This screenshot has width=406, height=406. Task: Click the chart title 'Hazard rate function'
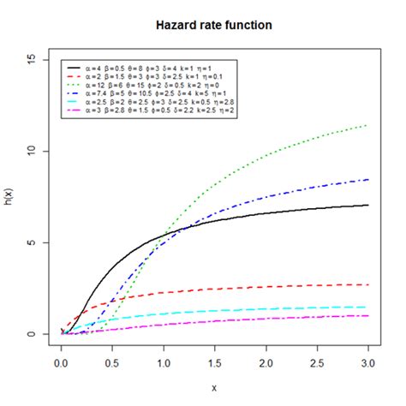point(214,25)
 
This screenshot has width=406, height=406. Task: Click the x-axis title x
point(214,387)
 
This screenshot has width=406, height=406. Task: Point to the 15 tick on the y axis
point(32,59)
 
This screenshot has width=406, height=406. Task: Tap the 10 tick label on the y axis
point(32,151)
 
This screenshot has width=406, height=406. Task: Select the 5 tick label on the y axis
point(32,242)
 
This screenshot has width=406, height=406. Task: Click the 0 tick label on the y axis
point(32,334)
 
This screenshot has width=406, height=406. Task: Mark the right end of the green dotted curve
point(368,125)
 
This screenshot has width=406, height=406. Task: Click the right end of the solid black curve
point(368,205)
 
